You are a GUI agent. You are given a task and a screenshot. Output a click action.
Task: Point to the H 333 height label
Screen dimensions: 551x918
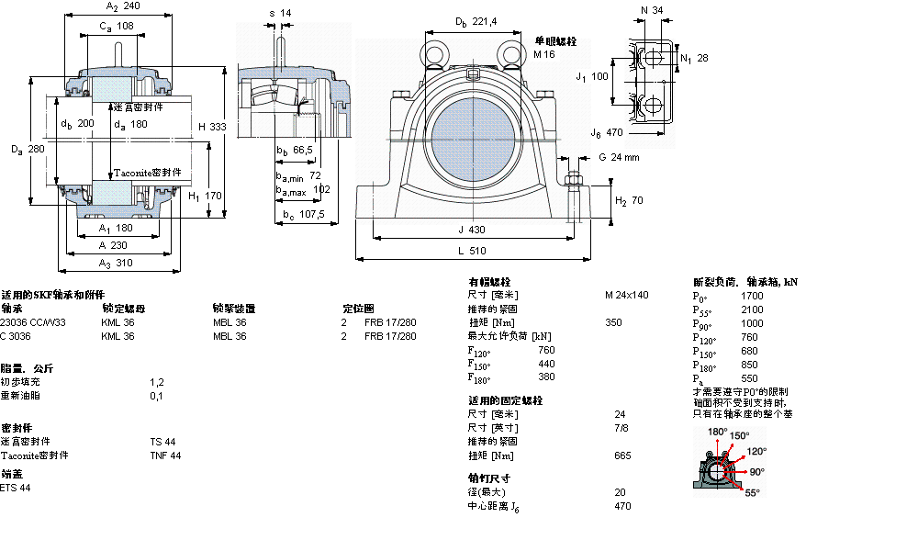pyautogui.click(x=212, y=127)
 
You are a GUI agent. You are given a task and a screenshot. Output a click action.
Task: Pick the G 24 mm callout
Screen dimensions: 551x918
pyautogui.click(x=620, y=157)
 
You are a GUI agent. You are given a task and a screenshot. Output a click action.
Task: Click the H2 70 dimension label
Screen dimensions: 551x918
pyautogui.click(x=629, y=200)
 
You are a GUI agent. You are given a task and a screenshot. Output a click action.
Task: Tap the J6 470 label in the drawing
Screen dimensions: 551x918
pyautogui.click(x=608, y=132)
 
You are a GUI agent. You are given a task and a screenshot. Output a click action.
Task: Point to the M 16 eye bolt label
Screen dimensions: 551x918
pyautogui.click(x=544, y=54)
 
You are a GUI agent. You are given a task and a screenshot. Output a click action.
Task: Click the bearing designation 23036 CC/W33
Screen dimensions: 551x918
pyautogui.click(x=33, y=322)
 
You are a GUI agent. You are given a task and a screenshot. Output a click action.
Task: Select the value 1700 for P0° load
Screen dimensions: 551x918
pyautogui.click(x=751, y=297)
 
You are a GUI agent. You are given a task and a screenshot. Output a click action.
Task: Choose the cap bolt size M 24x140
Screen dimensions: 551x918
pyautogui.click(x=626, y=295)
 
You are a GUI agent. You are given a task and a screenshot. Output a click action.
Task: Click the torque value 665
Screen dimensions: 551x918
pyautogui.click(x=621, y=455)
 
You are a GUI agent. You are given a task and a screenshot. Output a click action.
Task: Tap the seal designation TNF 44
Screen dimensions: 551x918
pyautogui.click(x=165, y=455)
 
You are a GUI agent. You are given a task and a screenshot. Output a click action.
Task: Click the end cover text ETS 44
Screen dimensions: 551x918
pyautogui.click(x=16, y=488)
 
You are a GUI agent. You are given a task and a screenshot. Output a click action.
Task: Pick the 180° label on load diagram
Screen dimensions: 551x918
pyautogui.click(x=717, y=432)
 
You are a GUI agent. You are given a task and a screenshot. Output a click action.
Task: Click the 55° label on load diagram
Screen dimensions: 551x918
pyautogui.click(x=752, y=493)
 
